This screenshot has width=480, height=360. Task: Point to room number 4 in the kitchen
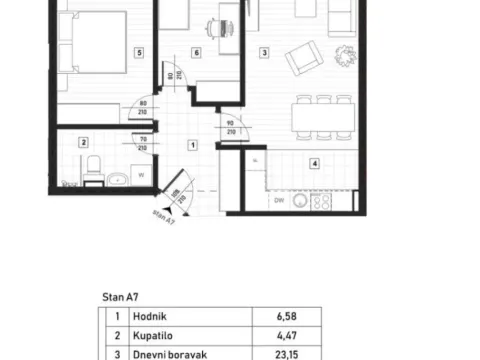(x=314, y=163)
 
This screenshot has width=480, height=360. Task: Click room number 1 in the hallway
(x=193, y=144)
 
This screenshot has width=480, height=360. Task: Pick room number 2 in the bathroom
(x=85, y=143)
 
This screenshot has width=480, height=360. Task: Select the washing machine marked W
(x=141, y=173)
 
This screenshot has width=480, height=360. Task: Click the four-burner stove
(x=322, y=200)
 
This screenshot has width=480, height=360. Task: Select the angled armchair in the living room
(x=303, y=61)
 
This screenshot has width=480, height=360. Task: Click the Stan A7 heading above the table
(x=120, y=297)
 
